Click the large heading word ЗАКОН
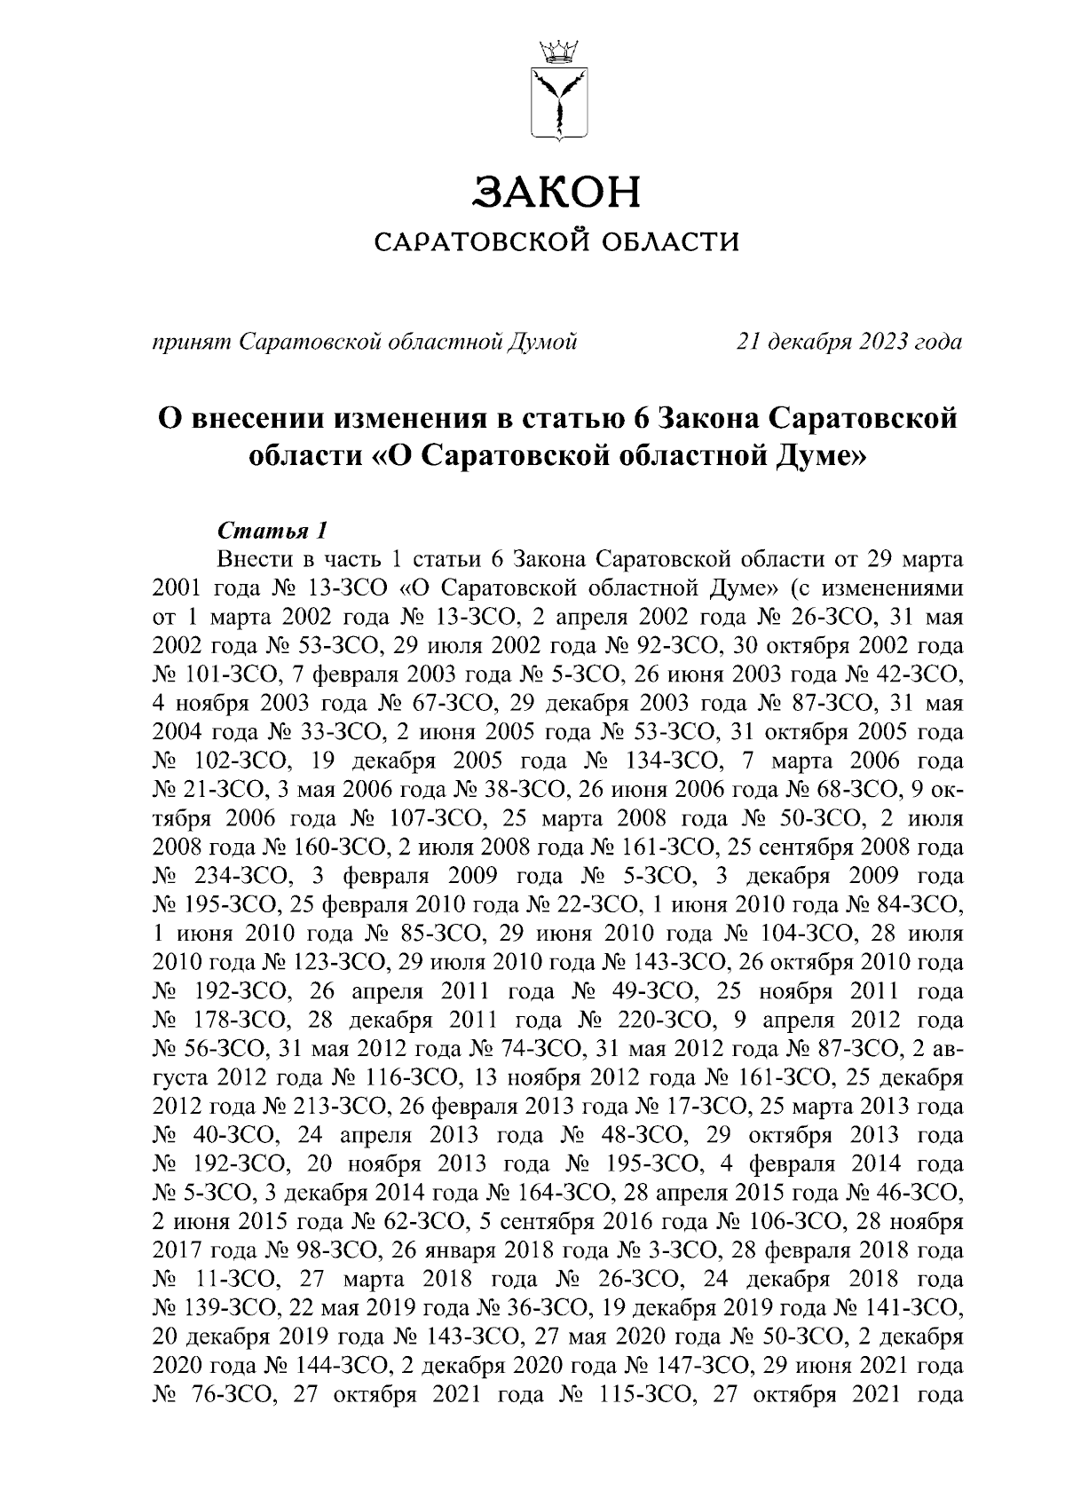click(x=557, y=193)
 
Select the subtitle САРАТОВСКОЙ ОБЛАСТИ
click(x=557, y=241)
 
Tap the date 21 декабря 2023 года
click(x=848, y=341)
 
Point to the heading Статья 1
click(x=272, y=532)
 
